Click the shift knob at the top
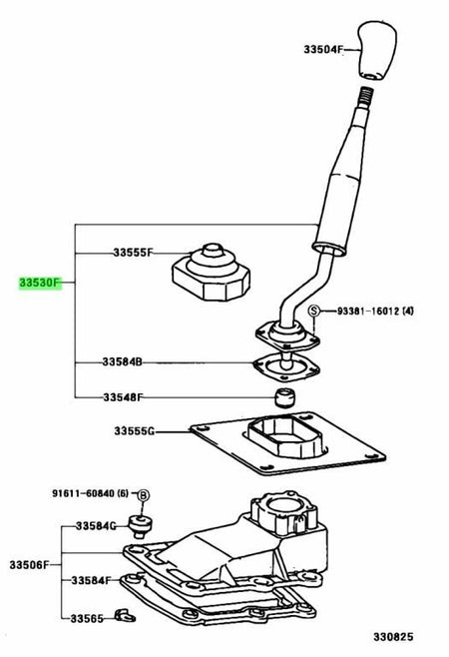click(x=376, y=50)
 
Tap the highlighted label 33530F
click(x=40, y=284)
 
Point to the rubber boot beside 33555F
click(x=212, y=272)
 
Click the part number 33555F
click(x=133, y=253)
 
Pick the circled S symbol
click(x=313, y=311)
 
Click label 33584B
click(x=123, y=361)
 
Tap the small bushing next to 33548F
click(x=284, y=396)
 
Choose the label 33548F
click(x=123, y=396)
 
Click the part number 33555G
click(x=134, y=430)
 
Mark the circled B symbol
click(x=144, y=495)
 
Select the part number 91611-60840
click(x=84, y=493)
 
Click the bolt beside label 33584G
click(x=140, y=527)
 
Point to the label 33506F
click(x=29, y=565)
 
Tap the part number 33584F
click(x=91, y=580)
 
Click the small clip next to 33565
click(x=126, y=616)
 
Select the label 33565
click(x=87, y=618)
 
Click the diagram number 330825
click(x=393, y=637)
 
